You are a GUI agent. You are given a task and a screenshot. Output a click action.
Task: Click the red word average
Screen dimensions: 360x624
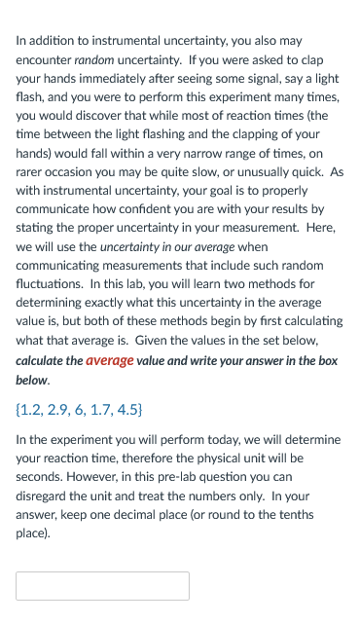tap(109, 360)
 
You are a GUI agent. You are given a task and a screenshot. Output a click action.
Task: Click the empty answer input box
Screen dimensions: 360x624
tap(102, 585)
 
